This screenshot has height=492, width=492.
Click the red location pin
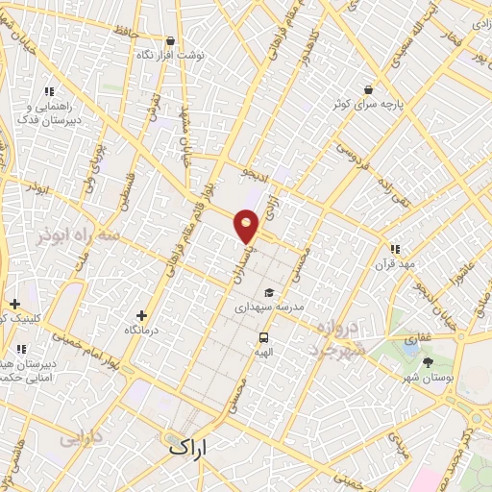(247, 225)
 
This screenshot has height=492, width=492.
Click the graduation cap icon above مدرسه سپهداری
(269, 293)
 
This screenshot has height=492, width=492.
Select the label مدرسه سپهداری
(270, 307)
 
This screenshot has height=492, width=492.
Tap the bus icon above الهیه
(263, 337)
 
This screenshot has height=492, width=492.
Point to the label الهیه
(263, 352)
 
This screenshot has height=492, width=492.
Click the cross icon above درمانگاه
(142, 315)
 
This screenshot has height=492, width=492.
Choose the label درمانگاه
(142, 330)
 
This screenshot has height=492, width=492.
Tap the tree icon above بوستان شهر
(428, 362)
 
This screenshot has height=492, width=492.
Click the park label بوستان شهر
(428, 377)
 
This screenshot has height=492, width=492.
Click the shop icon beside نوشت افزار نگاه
(171, 41)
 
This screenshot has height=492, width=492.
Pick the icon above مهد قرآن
(395, 249)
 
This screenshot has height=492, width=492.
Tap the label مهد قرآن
(395, 263)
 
